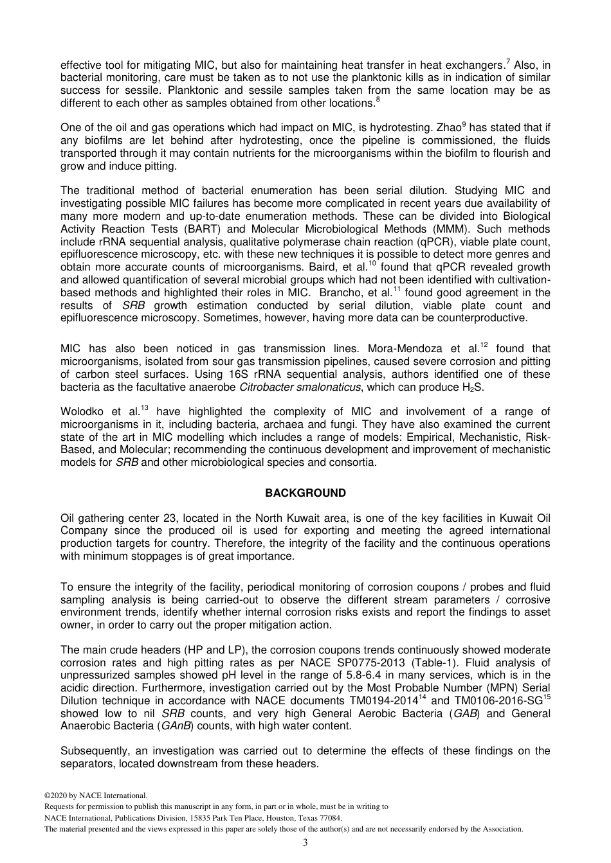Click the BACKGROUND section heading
(305, 493)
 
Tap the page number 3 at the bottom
(305, 842)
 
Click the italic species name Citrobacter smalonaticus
(299, 387)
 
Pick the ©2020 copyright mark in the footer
(62, 796)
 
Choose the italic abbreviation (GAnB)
(175, 726)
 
